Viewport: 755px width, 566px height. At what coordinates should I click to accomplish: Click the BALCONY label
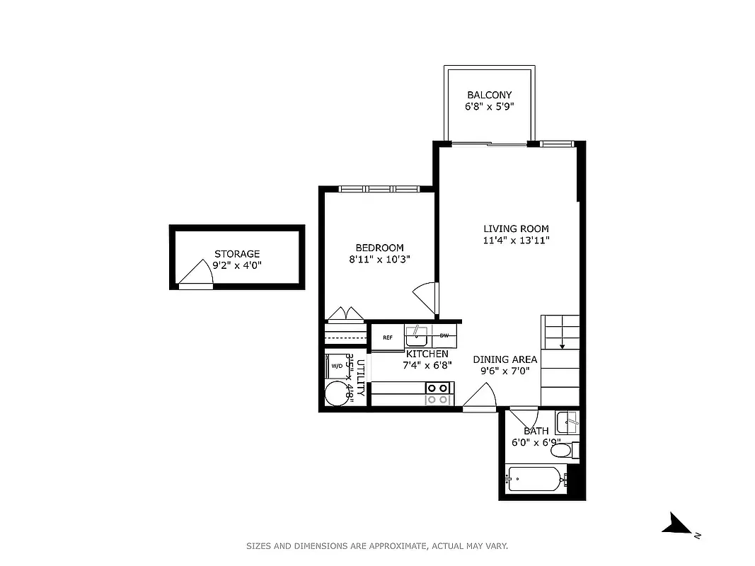click(489, 95)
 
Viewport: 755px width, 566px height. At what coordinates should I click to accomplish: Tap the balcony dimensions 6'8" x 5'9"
click(489, 107)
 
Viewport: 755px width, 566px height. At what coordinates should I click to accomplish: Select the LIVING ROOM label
click(516, 229)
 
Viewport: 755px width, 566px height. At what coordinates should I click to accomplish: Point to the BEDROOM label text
click(379, 248)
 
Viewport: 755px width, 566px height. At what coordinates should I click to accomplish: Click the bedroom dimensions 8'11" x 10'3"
click(379, 259)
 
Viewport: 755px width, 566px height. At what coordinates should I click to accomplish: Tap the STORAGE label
click(237, 253)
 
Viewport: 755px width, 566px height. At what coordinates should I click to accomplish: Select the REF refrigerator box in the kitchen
click(388, 337)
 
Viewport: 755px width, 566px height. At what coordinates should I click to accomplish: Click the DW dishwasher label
click(444, 335)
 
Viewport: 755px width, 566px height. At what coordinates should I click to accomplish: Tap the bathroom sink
click(567, 423)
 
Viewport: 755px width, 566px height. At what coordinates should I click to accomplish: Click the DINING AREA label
click(505, 359)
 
